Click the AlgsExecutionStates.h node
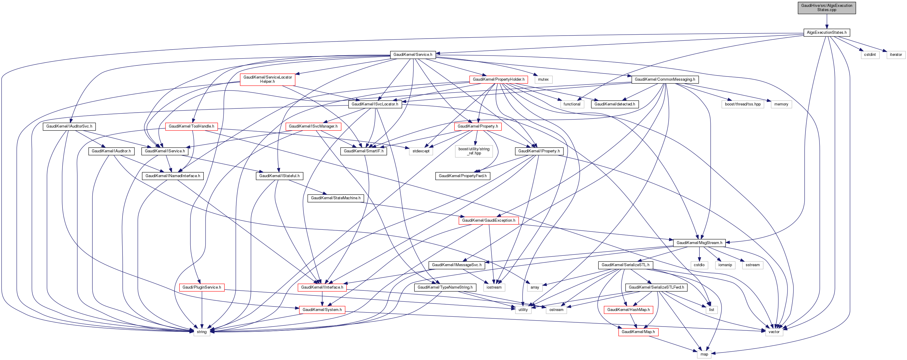pos(826,32)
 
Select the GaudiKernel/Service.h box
pos(413,55)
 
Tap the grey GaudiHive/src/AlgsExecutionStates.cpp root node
pos(826,8)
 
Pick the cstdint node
pos(870,55)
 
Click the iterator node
pos(895,55)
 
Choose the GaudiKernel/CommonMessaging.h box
pos(664,79)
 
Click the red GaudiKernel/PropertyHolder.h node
pos(498,79)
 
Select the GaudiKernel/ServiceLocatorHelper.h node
pos(267,79)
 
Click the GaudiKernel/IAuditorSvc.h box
pos(69,126)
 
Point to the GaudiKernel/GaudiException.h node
pos(488,220)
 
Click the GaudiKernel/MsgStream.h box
pos(699,243)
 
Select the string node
pos(202,332)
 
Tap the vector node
pos(774,332)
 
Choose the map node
pos(704,354)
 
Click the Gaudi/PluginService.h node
pos(202,287)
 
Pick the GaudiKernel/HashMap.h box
pos(629,310)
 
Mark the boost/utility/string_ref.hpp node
pos(474,151)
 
